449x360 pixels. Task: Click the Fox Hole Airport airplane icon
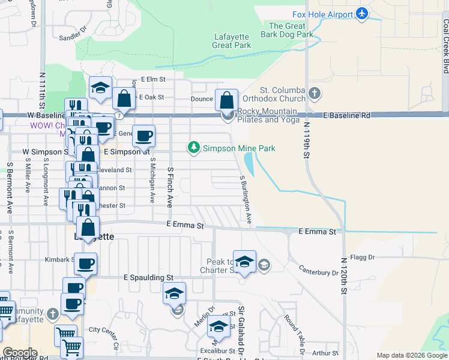coord(361,13)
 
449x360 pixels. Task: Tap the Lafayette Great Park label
coord(232,41)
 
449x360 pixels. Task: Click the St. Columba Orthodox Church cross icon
coord(315,94)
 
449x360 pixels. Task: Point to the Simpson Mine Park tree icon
coord(194,148)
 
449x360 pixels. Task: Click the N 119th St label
coord(306,140)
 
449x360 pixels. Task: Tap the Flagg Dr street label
coord(363,257)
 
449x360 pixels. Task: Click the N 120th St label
coord(344,277)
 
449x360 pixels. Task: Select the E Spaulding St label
coord(148,278)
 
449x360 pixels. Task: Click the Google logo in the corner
coord(20,353)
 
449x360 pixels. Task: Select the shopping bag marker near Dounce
coord(227,100)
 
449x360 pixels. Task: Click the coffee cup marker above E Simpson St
coord(143,136)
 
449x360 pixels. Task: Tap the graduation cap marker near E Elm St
coord(100,88)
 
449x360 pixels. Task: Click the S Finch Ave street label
coord(170,186)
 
